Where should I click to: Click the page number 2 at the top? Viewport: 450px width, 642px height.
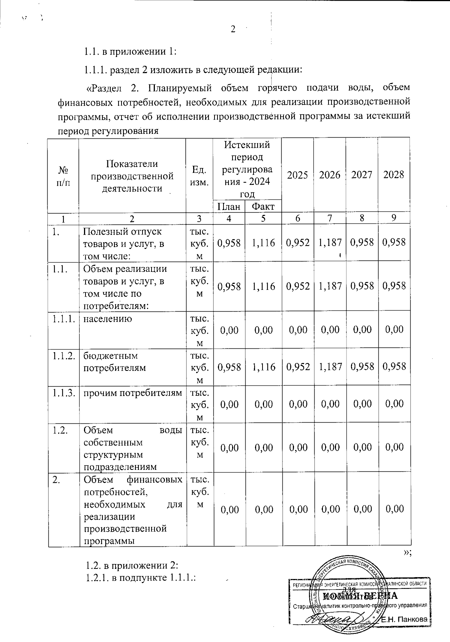pos(233,30)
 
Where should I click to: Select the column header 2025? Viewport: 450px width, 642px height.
pos(297,175)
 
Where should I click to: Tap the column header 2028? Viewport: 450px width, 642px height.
pos(394,174)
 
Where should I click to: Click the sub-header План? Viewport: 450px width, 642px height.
pos(229,206)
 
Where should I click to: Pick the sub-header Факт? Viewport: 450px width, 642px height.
pos(263,206)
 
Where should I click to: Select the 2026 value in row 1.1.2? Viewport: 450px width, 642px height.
pos(330,366)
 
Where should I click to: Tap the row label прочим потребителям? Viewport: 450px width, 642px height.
pos(132,393)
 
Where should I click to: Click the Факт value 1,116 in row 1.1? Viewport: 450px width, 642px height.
pos(263,286)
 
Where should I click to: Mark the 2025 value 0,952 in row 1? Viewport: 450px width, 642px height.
pos(297,242)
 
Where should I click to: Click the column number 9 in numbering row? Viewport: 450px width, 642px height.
pos(394,218)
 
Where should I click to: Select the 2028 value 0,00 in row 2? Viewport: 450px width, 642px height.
pos(394,509)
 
